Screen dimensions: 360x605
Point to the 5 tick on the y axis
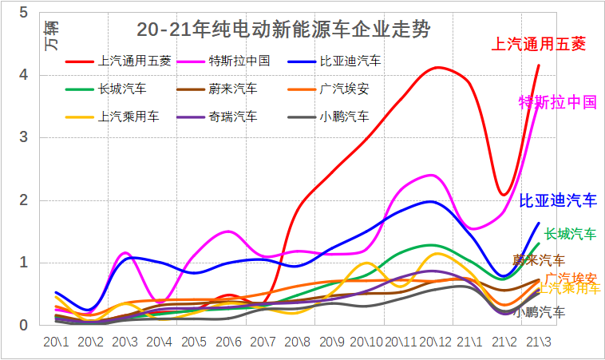(x=23, y=13)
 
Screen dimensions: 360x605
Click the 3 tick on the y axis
(x=23, y=137)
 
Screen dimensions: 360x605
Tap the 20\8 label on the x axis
(x=298, y=341)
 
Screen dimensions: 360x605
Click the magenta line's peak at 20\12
(x=432, y=175)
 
